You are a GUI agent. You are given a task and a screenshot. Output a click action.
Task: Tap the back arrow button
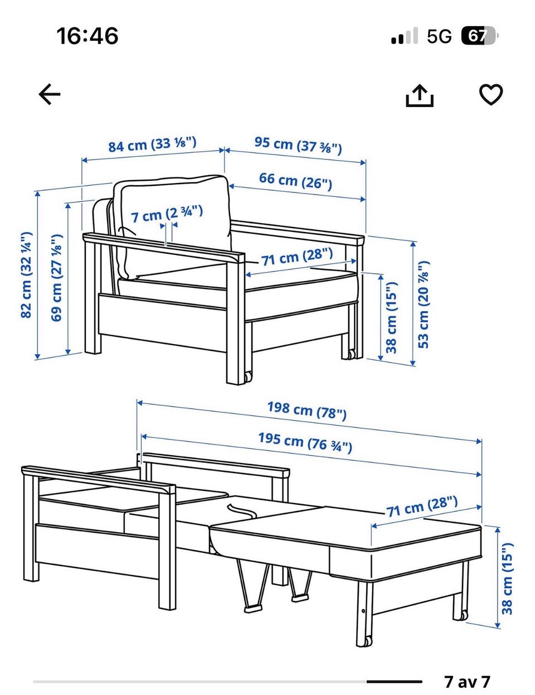coord(50,94)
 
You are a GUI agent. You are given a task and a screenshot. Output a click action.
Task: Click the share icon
coord(420,95)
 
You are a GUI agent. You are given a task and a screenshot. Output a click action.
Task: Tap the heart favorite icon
coord(491,94)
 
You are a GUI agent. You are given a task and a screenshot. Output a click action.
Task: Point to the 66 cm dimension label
coord(295,181)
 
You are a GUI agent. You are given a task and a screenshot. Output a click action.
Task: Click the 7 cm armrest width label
coord(167,213)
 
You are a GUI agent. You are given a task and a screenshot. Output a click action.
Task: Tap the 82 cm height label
coord(26,275)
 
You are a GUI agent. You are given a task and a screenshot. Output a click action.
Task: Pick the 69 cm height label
coord(56,277)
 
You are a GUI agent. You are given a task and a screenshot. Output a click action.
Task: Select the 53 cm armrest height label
coord(424,304)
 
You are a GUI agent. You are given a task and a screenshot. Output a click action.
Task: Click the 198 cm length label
coord(307,411)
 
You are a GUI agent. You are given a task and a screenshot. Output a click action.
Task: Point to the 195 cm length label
coord(305,442)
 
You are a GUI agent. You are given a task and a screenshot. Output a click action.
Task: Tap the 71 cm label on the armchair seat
coord(297,257)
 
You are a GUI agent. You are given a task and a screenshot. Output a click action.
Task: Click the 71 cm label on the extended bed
coord(422,506)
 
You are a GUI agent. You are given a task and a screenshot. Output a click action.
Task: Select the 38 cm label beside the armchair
coord(391,317)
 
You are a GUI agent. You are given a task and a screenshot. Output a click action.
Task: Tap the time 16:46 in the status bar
coord(87,36)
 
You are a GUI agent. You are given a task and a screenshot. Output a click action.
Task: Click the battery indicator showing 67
coord(480,36)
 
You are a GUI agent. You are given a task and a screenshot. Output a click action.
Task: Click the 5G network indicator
coord(439,36)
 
